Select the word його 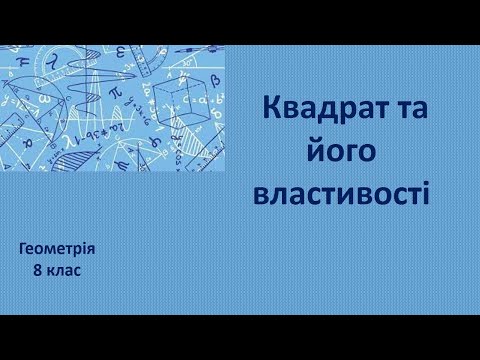click(x=343, y=152)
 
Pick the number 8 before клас click(x=35, y=269)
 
